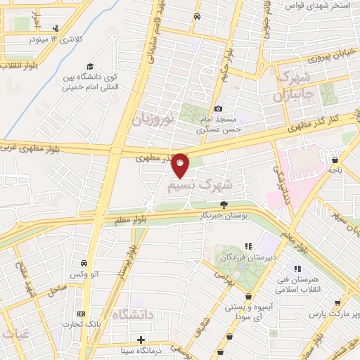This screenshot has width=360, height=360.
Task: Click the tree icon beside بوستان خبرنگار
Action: (224, 205)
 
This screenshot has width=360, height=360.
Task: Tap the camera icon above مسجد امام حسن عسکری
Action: (219, 108)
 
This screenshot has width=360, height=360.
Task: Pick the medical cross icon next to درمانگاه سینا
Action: (141, 340)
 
